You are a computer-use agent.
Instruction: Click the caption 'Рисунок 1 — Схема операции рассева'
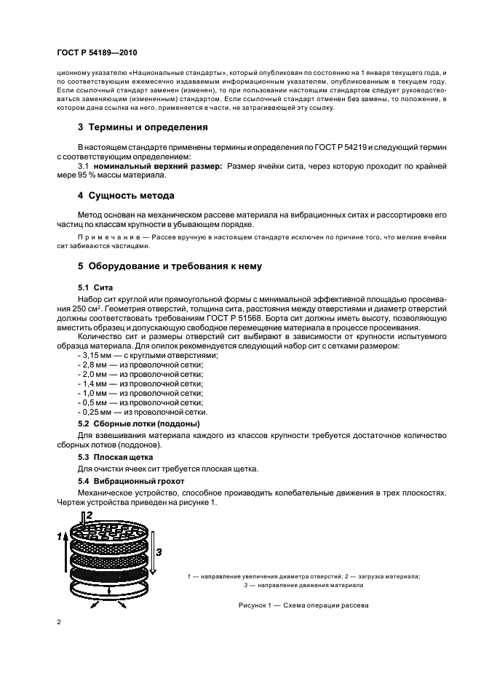click(x=304, y=605)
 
